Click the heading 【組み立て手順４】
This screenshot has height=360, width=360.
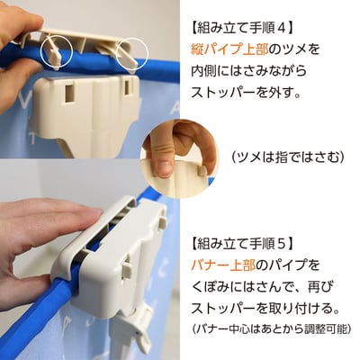(x=242, y=29)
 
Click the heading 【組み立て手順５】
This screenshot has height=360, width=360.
(x=242, y=244)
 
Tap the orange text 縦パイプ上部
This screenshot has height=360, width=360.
(x=229, y=49)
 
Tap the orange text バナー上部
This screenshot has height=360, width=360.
(x=223, y=265)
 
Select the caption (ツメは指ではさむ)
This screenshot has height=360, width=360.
(x=288, y=157)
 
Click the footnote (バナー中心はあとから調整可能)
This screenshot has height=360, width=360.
(x=272, y=328)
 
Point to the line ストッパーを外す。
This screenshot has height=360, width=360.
(x=246, y=93)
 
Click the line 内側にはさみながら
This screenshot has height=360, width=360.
(x=249, y=71)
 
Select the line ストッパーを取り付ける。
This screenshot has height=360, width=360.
(x=265, y=308)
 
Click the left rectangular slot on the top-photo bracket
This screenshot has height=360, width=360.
(x=69, y=94)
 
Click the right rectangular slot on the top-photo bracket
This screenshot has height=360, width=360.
(x=129, y=87)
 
